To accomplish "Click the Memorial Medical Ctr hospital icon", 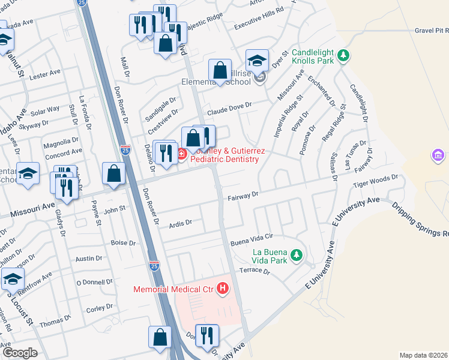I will pyautogui.click(x=223, y=289).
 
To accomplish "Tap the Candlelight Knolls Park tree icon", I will pyautogui.click(x=343, y=56).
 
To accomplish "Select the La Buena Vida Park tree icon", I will pyautogui.click(x=295, y=256).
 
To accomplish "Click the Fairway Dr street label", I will pyautogui.click(x=243, y=195).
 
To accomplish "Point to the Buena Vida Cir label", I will pyautogui.click(x=252, y=238).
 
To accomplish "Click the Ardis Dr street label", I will pyautogui.click(x=180, y=223).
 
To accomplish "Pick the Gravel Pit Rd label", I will pyautogui.click(x=432, y=30).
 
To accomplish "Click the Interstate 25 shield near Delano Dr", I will pyautogui.click(x=125, y=149).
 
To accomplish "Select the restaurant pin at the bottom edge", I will pyautogui.click(x=207, y=336).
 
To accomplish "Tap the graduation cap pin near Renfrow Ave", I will pyautogui.click(x=13, y=279).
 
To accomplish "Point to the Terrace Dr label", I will pyautogui.click(x=255, y=271).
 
